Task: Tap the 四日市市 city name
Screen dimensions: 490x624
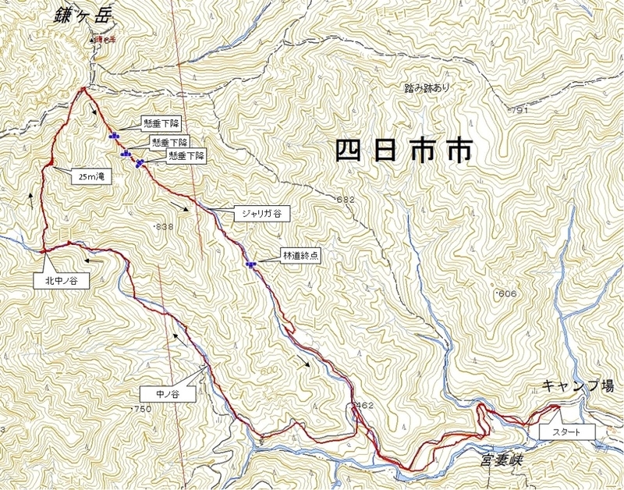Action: tap(404, 150)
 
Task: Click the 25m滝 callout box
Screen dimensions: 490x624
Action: tap(91, 177)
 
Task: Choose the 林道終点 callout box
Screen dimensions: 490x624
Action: tap(300, 254)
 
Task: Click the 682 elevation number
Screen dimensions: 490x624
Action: tap(346, 201)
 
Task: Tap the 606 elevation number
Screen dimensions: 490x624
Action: tap(508, 293)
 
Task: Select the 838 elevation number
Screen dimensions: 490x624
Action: tap(164, 226)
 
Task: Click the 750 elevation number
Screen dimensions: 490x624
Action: tap(142, 410)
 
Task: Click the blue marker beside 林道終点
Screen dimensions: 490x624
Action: tap(250, 265)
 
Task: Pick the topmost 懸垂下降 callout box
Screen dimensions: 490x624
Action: tap(162, 123)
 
